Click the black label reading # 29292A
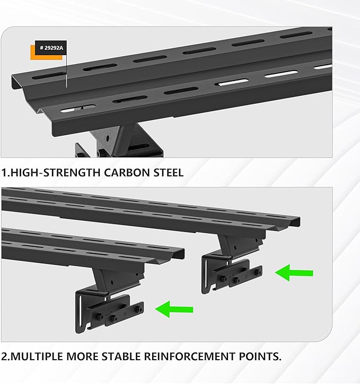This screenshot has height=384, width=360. [50, 48]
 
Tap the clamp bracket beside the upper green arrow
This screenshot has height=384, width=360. [232, 272]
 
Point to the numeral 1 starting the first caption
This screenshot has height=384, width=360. [4, 173]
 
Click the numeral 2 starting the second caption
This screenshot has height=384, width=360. [4, 356]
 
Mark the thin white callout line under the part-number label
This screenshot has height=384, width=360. [66, 72]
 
